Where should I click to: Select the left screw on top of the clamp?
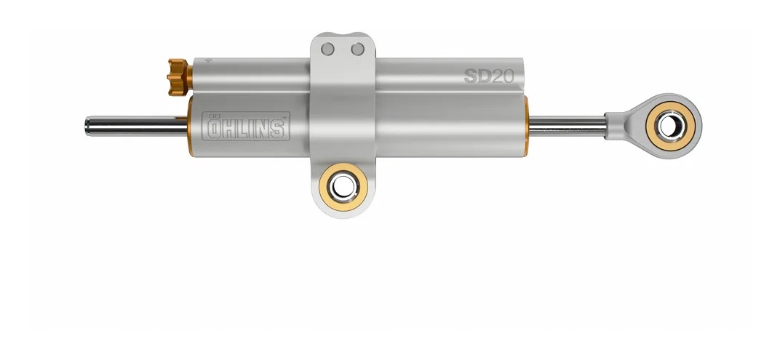[329, 49]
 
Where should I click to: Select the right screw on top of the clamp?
[357, 49]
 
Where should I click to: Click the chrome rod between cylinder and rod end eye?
[568, 125]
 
